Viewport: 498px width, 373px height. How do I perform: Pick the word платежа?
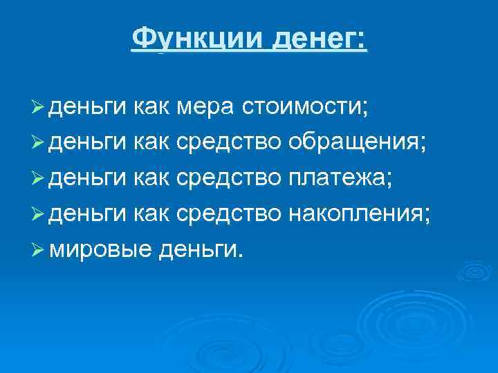(x=341, y=179)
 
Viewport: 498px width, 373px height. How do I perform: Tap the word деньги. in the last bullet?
(x=201, y=250)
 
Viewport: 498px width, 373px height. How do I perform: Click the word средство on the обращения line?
(x=228, y=143)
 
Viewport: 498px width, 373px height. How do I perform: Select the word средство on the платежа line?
(x=228, y=179)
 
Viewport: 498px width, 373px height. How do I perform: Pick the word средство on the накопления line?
(x=228, y=214)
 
